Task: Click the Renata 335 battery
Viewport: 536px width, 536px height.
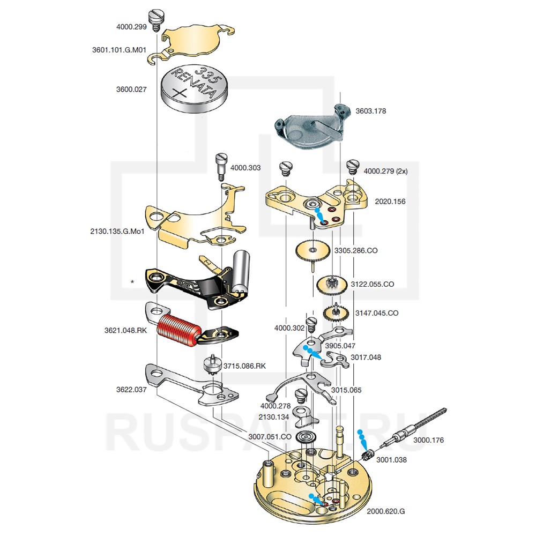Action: (194, 90)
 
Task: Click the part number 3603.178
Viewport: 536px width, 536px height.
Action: (371, 111)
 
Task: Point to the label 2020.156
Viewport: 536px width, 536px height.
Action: (391, 202)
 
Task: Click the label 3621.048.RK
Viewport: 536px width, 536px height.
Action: (126, 331)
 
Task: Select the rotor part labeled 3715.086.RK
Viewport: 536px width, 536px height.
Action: (213, 366)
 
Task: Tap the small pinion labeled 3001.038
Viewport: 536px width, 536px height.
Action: (367, 456)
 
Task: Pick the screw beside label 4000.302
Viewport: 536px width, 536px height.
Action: (311, 324)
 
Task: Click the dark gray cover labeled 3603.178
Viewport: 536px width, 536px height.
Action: (308, 128)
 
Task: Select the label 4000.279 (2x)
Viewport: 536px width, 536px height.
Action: (385, 172)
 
